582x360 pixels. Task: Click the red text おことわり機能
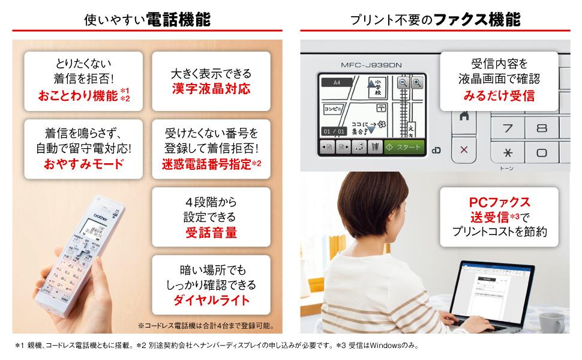(x=78, y=95)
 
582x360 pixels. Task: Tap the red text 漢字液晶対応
(x=211, y=89)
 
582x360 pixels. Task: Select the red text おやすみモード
(x=83, y=163)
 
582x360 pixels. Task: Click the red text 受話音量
(x=211, y=232)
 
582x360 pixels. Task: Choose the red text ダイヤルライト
(x=211, y=299)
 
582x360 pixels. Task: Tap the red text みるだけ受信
(x=499, y=95)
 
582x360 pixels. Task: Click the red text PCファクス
(x=499, y=202)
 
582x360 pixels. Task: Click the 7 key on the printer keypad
(x=508, y=128)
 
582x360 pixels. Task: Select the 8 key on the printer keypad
(x=542, y=128)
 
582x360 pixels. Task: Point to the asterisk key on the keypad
(x=508, y=152)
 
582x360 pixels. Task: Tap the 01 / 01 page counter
(x=333, y=131)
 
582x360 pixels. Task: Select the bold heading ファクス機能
(x=478, y=19)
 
